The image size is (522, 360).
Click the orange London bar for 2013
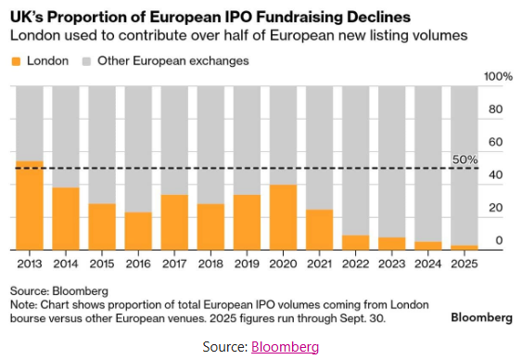click(30, 205)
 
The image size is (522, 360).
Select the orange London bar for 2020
click(284, 217)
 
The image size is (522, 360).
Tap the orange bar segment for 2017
click(174, 223)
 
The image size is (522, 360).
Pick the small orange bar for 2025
click(465, 248)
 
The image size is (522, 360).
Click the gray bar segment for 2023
click(392, 161)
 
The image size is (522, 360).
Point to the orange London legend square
click(16, 61)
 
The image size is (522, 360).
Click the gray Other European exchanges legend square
click(86, 61)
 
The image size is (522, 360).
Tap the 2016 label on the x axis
click(138, 264)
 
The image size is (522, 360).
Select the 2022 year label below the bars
click(355, 264)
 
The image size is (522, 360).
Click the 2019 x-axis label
click(247, 264)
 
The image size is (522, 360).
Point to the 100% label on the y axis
click(498, 77)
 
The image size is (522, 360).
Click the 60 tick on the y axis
click(495, 142)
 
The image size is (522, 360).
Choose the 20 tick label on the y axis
click(495, 208)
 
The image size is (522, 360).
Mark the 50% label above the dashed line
click(465, 160)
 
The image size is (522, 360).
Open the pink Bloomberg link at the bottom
click(285, 347)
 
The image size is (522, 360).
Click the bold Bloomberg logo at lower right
click(482, 317)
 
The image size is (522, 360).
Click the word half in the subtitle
click(236, 35)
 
